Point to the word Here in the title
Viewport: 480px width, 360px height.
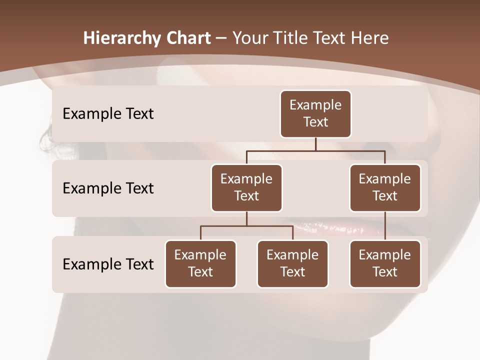click(x=370, y=38)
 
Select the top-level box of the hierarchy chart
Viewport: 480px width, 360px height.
click(x=315, y=113)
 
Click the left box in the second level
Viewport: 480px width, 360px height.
click(x=246, y=187)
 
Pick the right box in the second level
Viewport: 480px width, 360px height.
click(x=385, y=187)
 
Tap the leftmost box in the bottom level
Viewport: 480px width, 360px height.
click(x=200, y=263)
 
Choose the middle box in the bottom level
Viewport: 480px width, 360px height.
click(x=292, y=263)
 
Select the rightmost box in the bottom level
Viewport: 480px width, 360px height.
click(x=385, y=263)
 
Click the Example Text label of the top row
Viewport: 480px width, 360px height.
click(x=108, y=114)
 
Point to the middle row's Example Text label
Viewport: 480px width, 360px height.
click(x=108, y=188)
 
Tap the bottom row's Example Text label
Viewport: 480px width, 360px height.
click(x=108, y=264)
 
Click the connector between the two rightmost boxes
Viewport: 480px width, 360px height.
click(x=385, y=226)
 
